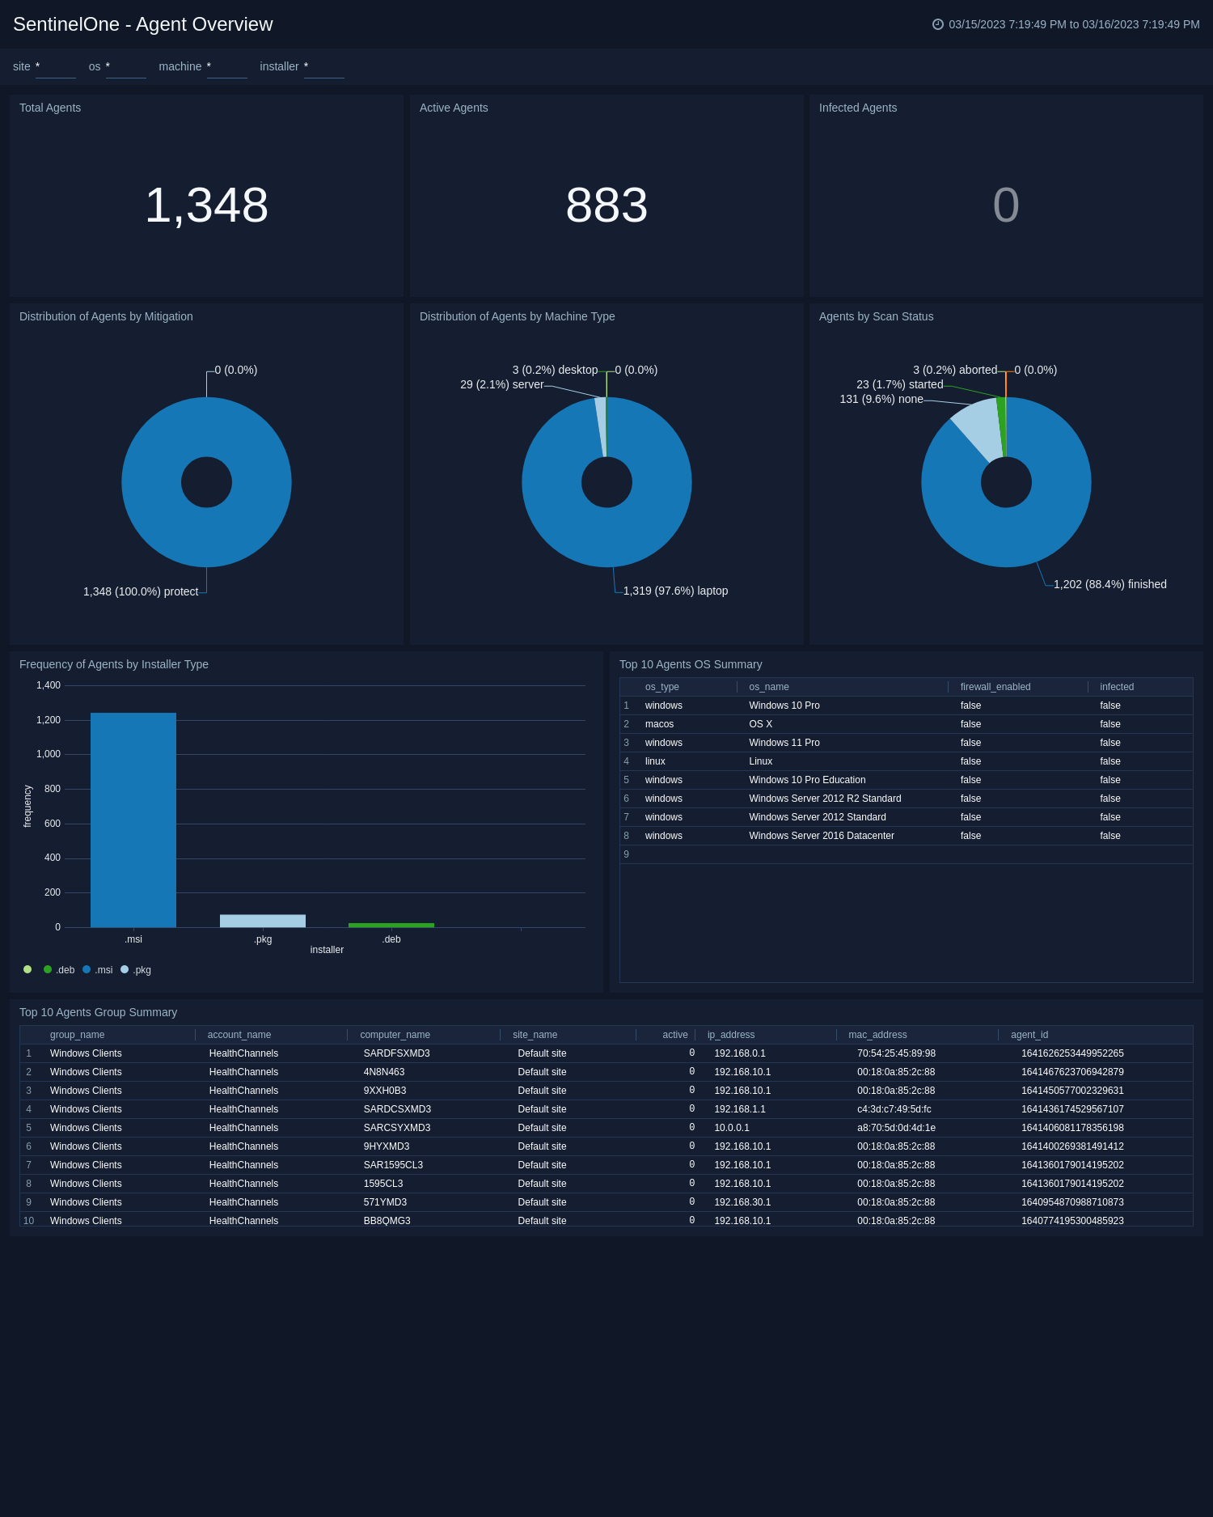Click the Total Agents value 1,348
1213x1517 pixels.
click(206, 205)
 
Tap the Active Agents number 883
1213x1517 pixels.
click(606, 205)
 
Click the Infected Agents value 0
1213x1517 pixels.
click(1005, 205)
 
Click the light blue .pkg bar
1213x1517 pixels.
click(263, 921)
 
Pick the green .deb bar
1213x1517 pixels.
click(391, 925)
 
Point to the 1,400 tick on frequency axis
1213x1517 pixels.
click(49, 685)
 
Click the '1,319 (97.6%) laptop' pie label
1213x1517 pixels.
click(675, 591)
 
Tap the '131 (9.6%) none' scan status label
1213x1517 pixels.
click(881, 399)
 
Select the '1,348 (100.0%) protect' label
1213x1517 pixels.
click(141, 591)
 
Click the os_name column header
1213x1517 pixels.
click(768, 687)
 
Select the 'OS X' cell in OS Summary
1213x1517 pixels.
click(760, 724)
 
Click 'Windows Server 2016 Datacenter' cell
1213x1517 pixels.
click(821, 836)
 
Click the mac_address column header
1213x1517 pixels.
click(877, 1035)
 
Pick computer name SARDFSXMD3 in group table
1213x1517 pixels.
click(396, 1053)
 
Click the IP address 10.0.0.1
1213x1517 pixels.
click(731, 1128)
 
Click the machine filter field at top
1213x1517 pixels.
click(226, 67)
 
